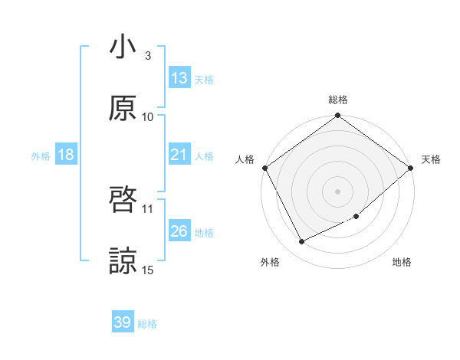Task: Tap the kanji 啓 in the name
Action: [123, 201]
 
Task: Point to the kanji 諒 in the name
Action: [123, 260]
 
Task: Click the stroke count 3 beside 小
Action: [148, 56]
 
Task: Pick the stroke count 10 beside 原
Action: [148, 116]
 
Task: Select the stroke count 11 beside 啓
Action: [148, 208]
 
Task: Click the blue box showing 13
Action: [179, 78]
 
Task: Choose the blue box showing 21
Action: [179, 155]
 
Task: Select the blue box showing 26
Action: [179, 231]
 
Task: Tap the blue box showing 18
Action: [66, 155]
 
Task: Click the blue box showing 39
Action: [123, 322]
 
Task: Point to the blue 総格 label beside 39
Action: [147, 324]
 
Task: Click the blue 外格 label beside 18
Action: [41, 155]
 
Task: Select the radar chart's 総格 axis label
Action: [338, 100]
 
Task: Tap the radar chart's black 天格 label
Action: [431, 159]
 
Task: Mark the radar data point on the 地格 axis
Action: [356, 217]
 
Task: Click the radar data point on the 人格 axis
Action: [264, 168]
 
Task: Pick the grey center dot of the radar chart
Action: [337, 191]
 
